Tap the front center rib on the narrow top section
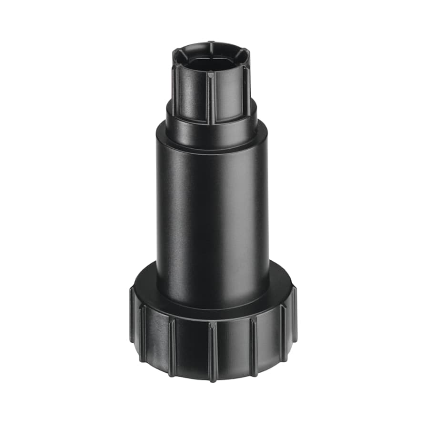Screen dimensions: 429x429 210,98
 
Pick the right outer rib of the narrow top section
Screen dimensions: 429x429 246,91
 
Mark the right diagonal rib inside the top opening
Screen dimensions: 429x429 242,53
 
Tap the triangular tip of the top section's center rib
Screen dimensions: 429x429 210,74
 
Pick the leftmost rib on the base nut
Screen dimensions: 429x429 132,315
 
